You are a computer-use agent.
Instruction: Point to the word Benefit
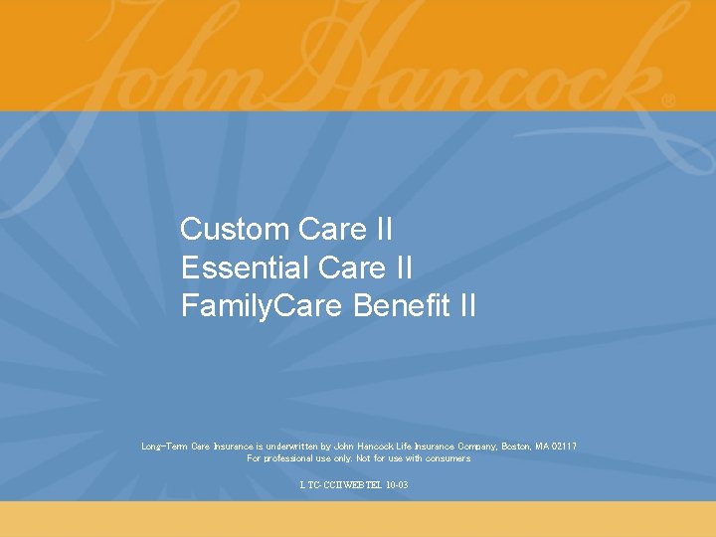(403, 306)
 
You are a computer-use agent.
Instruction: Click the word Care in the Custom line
(331, 230)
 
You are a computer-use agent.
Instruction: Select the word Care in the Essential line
(351, 268)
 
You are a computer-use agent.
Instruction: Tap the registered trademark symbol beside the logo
(667, 100)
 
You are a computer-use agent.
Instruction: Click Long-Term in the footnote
(162, 447)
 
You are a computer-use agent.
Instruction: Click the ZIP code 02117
(565, 447)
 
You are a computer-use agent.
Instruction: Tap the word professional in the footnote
(286, 458)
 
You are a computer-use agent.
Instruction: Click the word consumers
(448, 458)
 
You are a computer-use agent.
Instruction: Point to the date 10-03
(396, 485)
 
